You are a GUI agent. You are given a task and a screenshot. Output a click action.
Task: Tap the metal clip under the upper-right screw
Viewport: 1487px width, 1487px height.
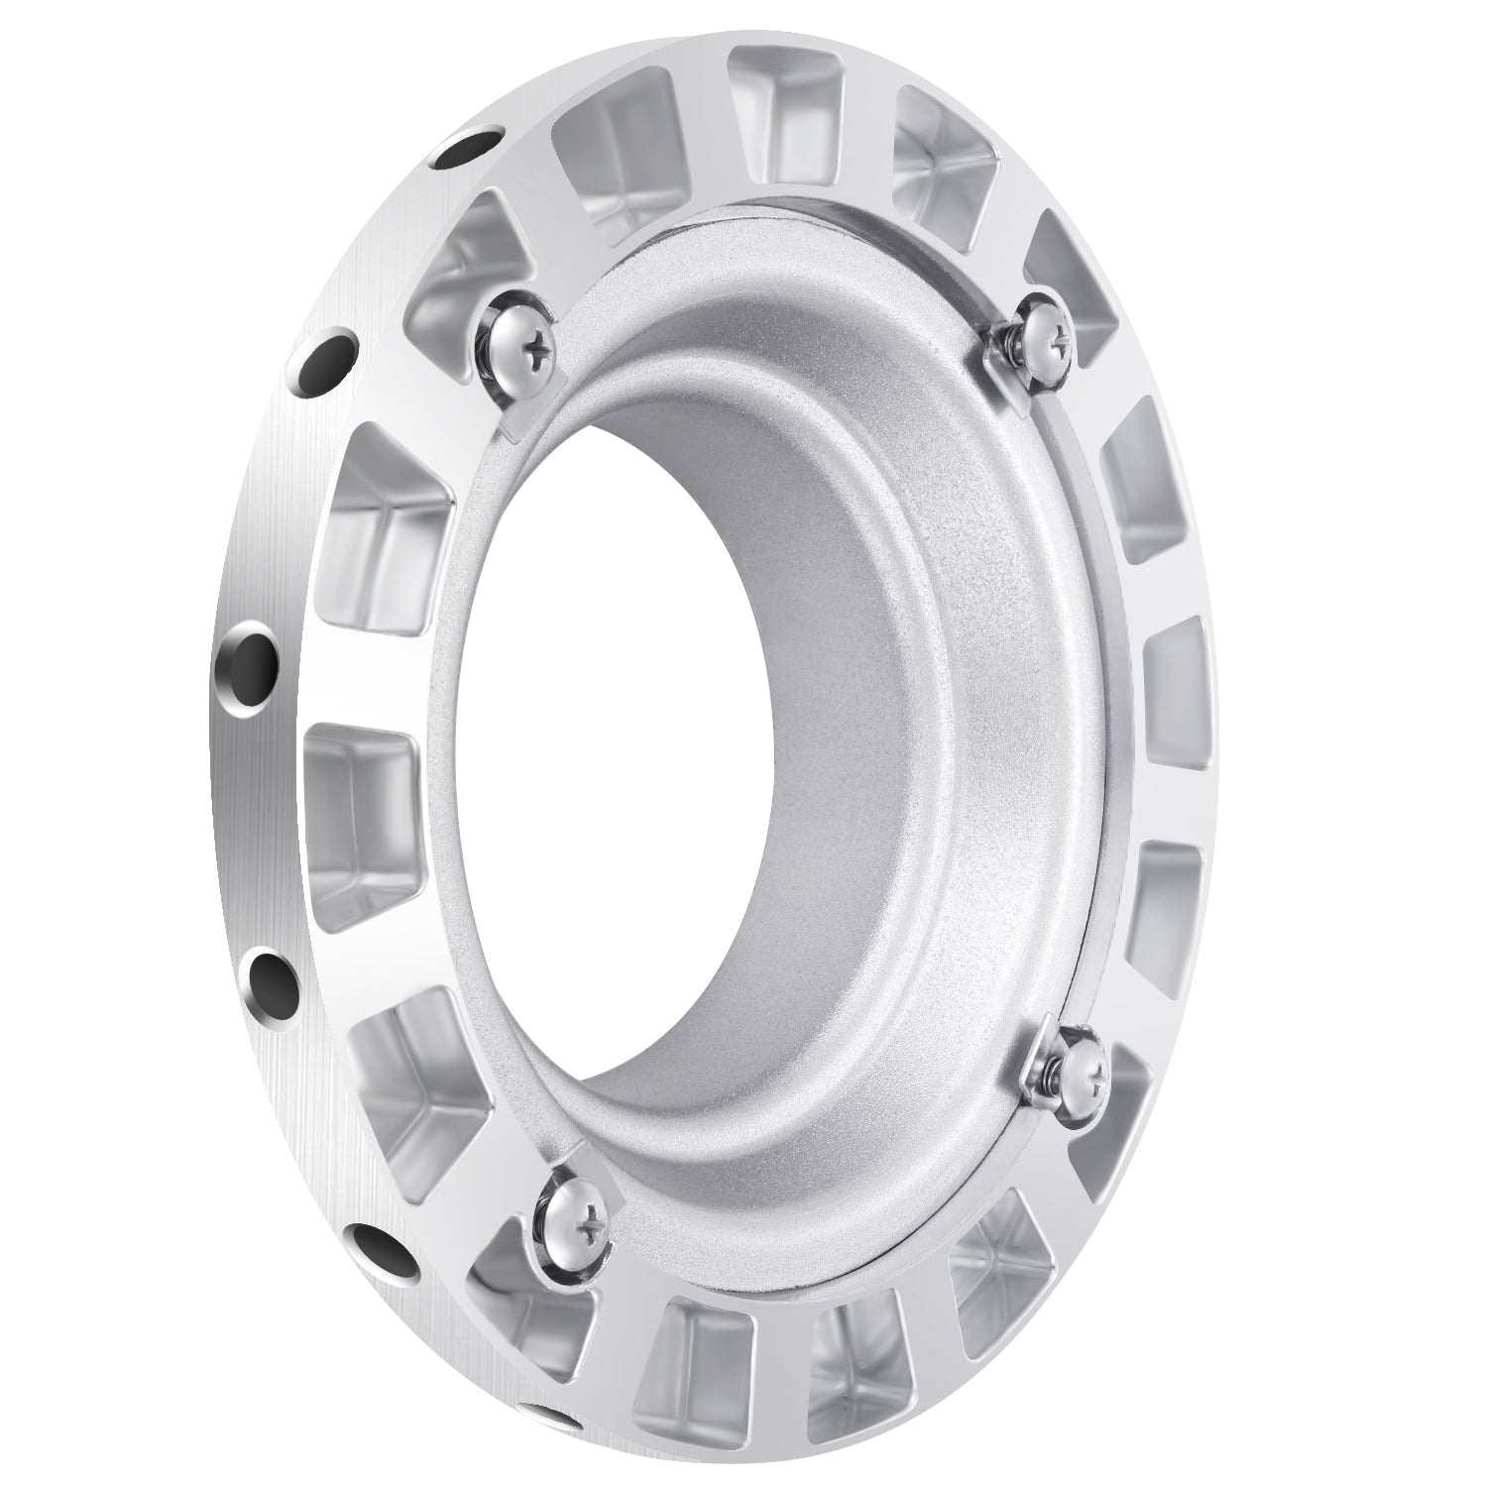[1011, 377]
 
